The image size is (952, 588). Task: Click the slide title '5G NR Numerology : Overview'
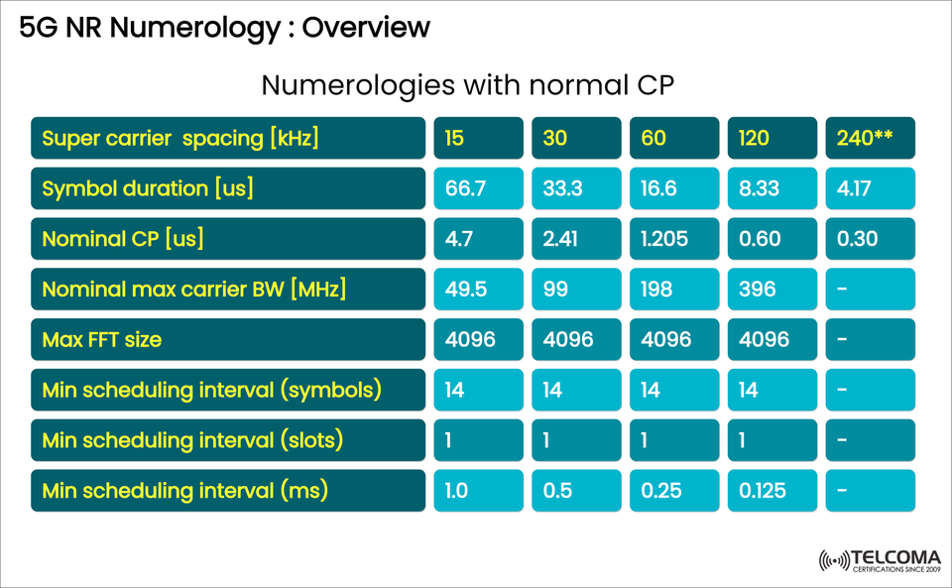[x=225, y=27]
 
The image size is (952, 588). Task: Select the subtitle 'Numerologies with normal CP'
[x=467, y=85]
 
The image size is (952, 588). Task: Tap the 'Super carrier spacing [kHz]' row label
[x=228, y=138]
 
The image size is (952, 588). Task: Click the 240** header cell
[x=870, y=138]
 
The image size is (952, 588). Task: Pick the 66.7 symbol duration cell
[x=478, y=188]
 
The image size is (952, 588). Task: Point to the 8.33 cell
[x=772, y=188]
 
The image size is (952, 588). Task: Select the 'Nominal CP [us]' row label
[x=228, y=239]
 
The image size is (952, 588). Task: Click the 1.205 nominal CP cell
[x=673, y=239]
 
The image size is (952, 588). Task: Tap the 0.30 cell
[x=870, y=239]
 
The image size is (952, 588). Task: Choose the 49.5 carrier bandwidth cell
[x=478, y=290]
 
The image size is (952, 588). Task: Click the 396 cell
[x=772, y=290]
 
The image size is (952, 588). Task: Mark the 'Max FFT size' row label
[x=228, y=340]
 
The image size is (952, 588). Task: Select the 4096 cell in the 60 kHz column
[x=673, y=340]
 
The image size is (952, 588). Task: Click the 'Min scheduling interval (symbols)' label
[x=228, y=390]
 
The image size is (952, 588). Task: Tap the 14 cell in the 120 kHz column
[x=772, y=390]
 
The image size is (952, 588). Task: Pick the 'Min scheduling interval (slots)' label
[x=228, y=440]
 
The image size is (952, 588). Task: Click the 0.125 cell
[x=772, y=491]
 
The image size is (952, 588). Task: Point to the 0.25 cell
[x=673, y=491]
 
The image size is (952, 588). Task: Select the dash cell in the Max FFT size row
[x=870, y=340]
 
